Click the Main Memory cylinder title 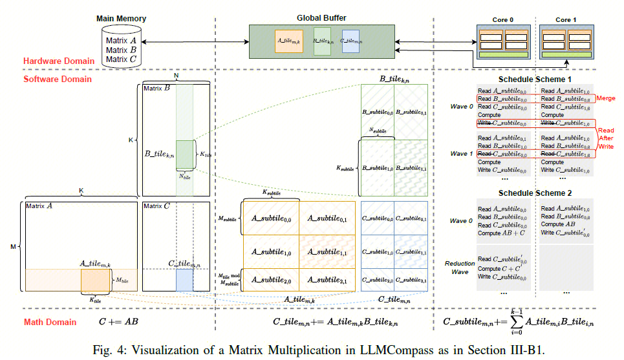[121, 19]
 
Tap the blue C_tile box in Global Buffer [350, 41]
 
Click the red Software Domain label [58, 79]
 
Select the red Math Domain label [50, 322]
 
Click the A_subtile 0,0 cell [270, 219]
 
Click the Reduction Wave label [460, 267]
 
